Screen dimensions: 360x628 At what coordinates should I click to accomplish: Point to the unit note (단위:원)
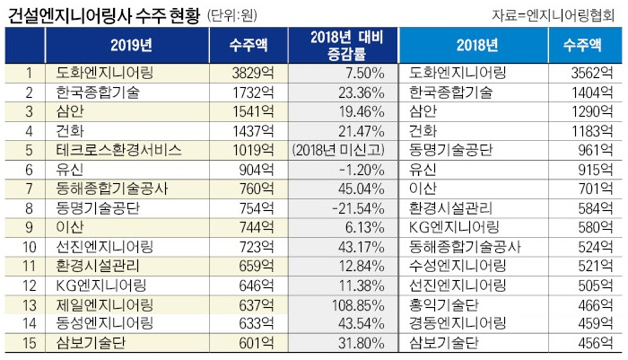(256, 15)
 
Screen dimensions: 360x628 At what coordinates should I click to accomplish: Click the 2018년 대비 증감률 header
(341, 45)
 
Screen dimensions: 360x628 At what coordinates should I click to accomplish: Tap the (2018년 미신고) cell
(340, 149)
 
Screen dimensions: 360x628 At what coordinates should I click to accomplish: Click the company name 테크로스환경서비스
(119, 149)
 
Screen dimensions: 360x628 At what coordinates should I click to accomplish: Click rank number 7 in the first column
(30, 189)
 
